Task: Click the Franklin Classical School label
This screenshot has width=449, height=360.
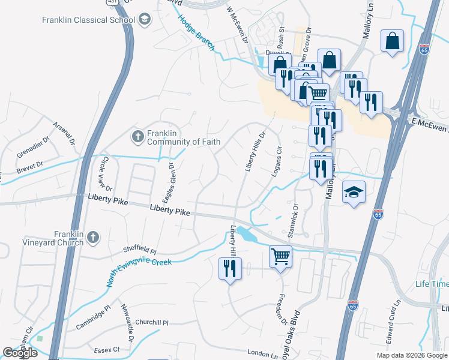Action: pos(88,20)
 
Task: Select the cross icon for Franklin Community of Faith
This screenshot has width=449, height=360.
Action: pos(137,137)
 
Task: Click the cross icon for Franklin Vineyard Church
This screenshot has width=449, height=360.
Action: pos(92,238)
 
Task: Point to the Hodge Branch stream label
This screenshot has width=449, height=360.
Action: pos(196,32)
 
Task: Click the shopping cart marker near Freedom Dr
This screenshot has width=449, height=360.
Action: pos(280,256)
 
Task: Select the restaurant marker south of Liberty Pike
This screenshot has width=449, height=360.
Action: pos(230,268)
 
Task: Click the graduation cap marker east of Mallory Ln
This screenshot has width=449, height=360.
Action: pos(354,192)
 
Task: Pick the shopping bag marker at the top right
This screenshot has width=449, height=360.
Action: pos(393,41)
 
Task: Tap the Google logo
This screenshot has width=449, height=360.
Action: pos(20,352)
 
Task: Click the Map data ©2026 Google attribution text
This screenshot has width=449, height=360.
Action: pos(412,355)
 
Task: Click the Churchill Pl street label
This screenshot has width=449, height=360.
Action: pos(152,322)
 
